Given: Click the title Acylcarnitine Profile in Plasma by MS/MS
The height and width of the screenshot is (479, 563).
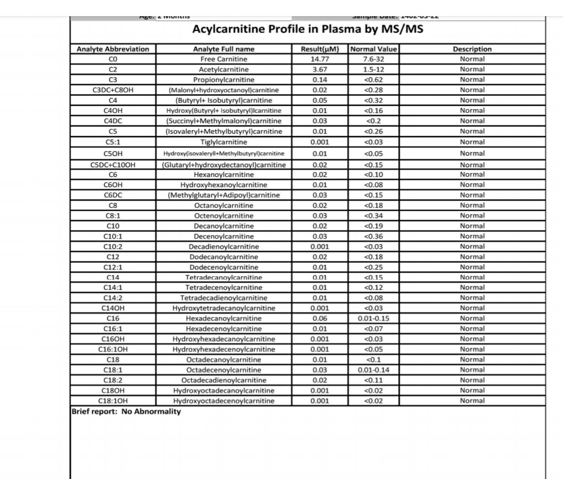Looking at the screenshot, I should click(308, 29).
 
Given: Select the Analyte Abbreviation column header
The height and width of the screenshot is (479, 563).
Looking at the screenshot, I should click(113, 49).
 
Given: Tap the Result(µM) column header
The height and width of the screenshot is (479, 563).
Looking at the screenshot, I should click(320, 49).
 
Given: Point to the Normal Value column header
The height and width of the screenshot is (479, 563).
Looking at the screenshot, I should click(373, 49).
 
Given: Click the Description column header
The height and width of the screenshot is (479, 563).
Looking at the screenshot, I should click(472, 49).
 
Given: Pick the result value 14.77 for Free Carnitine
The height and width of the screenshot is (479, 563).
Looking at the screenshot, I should click(320, 59).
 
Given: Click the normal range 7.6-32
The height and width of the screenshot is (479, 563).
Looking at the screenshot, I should click(373, 59).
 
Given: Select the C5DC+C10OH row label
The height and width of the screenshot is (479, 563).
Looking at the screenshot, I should click(113, 165).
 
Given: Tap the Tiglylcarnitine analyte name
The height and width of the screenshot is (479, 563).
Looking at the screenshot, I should click(224, 142).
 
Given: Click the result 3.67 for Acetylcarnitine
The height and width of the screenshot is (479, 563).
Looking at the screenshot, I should click(320, 69).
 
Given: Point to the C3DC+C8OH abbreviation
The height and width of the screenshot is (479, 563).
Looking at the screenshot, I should click(113, 90).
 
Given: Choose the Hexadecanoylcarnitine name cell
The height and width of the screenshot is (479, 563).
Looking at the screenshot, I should click(224, 318).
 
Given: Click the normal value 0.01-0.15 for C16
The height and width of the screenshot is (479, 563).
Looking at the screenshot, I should click(373, 318).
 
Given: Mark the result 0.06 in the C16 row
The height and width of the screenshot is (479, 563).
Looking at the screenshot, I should click(320, 318).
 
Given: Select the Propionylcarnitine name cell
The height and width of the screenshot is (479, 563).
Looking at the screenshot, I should click(224, 80).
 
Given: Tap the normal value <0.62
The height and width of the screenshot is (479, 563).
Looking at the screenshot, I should click(373, 80).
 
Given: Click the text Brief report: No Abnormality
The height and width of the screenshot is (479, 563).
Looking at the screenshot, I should click(126, 411).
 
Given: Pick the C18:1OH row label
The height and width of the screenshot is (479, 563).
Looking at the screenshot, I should click(113, 401).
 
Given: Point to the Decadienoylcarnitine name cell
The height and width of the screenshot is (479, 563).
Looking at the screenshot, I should click(224, 247).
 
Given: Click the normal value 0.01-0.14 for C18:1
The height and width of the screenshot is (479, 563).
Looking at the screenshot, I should click(373, 370).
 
